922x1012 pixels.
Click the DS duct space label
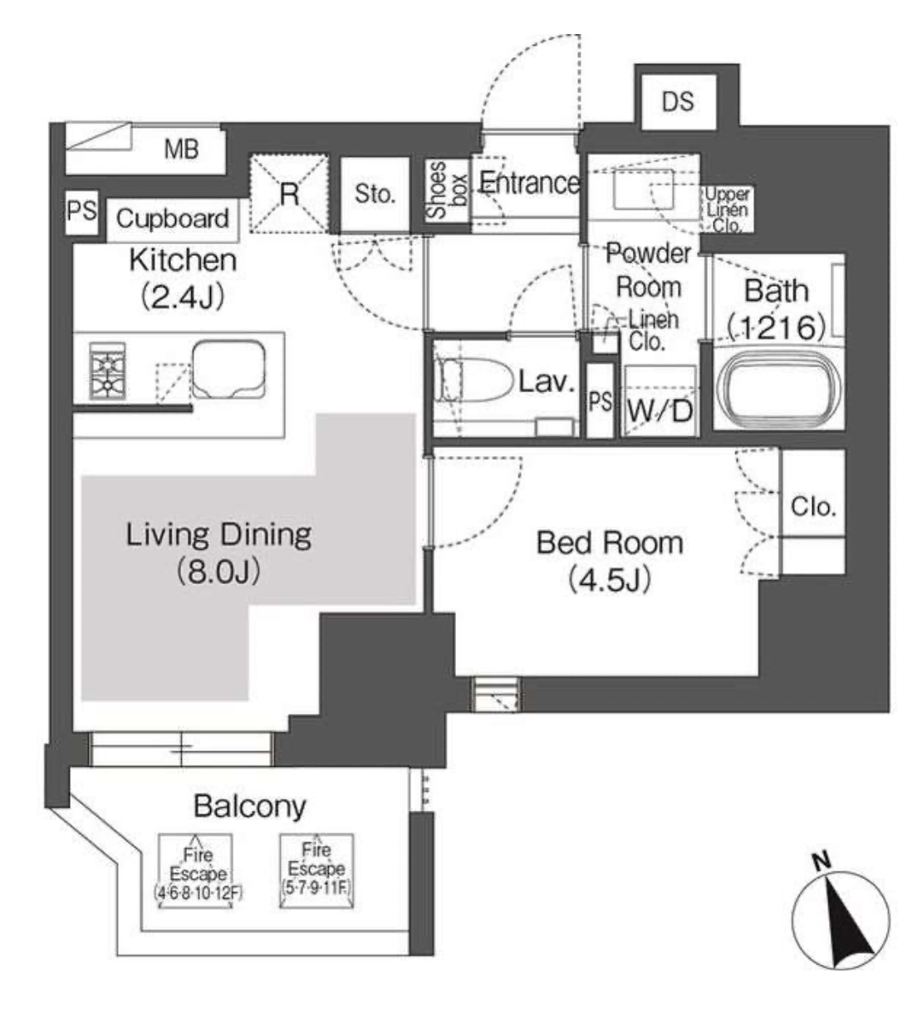point(678,101)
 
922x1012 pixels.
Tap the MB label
point(182,150)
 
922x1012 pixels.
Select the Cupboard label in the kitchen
point(173,219)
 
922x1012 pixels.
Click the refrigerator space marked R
point(289,194)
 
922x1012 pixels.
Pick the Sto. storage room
point(375,194)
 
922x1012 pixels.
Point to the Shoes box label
point(447,190)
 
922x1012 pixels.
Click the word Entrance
point(528,183)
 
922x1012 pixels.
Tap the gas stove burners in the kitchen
point(107,371)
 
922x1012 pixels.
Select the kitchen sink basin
point(229,370)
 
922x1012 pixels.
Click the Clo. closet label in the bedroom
point(813,506)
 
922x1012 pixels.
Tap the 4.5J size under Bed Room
point(610,580)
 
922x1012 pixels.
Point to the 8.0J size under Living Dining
point(218,572)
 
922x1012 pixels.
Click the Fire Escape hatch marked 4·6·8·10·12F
point(196,871)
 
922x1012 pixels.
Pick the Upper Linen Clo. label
point(727,209)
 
